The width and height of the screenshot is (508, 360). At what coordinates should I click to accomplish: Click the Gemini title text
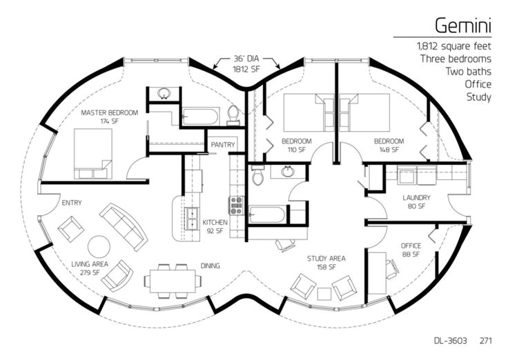coord(463,26)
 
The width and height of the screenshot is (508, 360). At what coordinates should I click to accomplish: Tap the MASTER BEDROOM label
coord(110,112)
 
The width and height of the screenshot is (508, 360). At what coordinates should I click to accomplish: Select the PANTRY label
coord(222,144)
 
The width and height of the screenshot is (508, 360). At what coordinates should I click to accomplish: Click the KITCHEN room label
coord(215,222)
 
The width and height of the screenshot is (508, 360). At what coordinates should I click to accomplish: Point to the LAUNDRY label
coord(416,197)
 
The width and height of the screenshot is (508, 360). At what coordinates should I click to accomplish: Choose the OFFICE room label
coord(411,246)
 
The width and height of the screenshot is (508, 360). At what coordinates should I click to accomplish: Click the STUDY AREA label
coord(326,259)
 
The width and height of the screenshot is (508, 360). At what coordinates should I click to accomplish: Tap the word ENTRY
coord(72,203)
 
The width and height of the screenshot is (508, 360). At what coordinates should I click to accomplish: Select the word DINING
coord(211,266)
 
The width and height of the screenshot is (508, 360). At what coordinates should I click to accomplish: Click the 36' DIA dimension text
coord(246,59)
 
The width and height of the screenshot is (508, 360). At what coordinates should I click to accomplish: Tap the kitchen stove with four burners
coord(237,206)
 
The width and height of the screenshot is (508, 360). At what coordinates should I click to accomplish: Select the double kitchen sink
coord(192,219)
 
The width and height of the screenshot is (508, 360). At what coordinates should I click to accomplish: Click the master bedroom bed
coord(93,154)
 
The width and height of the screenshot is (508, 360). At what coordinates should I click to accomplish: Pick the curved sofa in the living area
coord(124,227)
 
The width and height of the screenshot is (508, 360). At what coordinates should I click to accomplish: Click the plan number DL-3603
coord(450,341)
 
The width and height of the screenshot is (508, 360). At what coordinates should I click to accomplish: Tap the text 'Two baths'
coord(468,72)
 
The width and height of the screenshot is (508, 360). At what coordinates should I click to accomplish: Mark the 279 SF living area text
coord(90,272)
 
